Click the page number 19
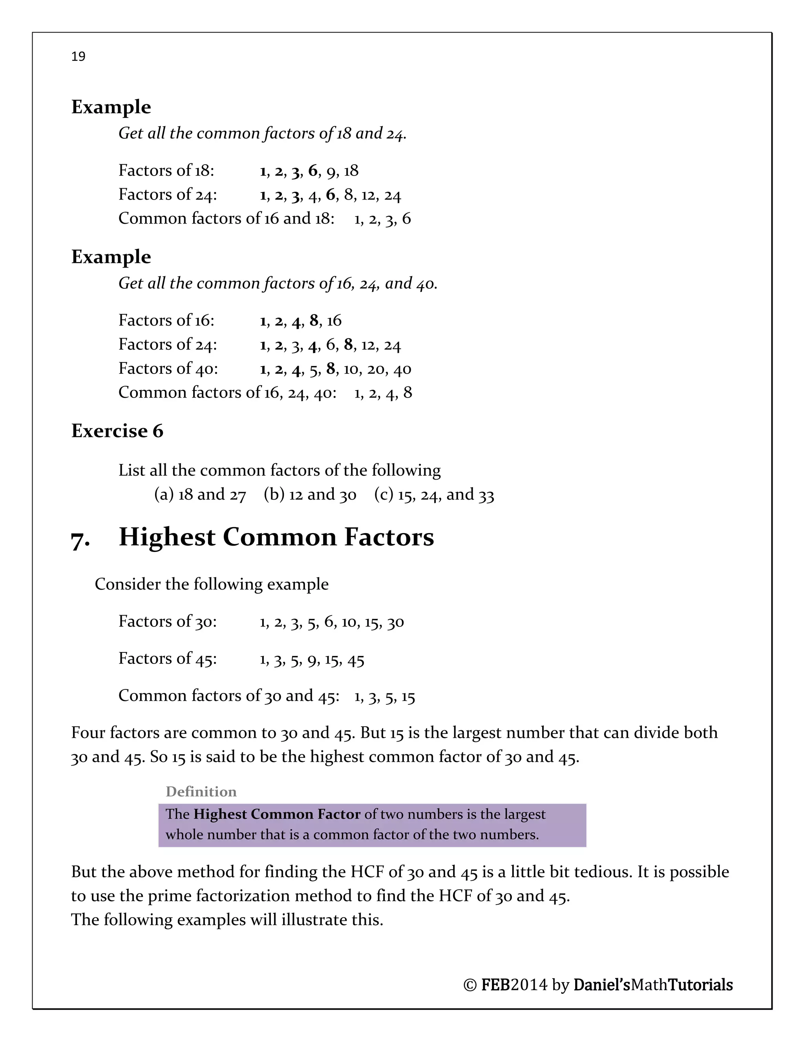coord(78,57)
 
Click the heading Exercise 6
coord(117,431)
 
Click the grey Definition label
coord(201,792)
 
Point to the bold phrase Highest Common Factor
coord(277,814)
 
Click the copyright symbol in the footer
coord(470,985)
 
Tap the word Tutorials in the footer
coord(700,985)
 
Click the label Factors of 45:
coord(168,659)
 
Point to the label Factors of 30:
coord(168,621)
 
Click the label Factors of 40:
coord(168,368)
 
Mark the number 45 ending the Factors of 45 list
coord(356,661)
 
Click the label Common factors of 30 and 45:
coord(228,696)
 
